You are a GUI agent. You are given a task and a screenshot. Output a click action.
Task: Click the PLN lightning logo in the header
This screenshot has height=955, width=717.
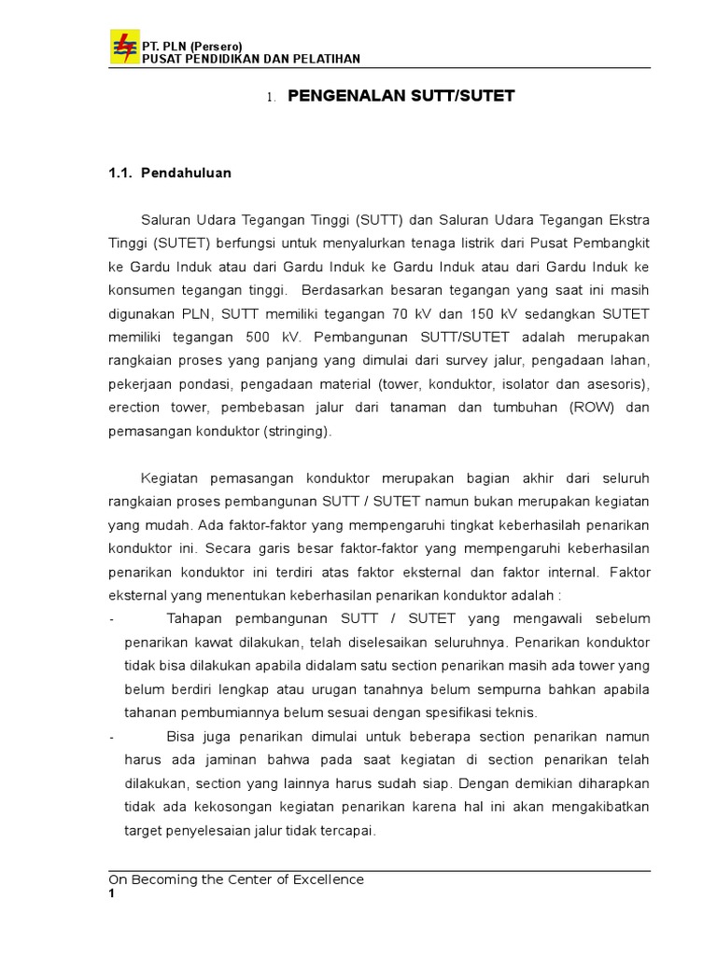pyautogui.click(x=123, y=47)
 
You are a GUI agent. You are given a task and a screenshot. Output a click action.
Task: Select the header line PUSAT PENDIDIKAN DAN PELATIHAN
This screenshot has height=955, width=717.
pyautogui.click(x=249, y=59)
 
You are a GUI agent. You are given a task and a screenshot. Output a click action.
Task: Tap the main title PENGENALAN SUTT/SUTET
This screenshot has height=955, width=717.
pyautogui.click(x=401, y=96)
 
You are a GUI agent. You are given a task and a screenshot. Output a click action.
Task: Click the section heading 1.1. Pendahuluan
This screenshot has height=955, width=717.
pyautogui.click(x=170, y=173)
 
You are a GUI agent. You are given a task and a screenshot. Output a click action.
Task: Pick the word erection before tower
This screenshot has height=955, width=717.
pyautogui.click(x=135, y=408)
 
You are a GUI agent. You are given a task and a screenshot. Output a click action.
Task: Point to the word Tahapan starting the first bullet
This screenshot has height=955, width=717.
pyautogui.click(x=195, y=618)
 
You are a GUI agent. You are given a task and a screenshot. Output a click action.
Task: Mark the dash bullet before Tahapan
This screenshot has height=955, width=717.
pyautogui.click(x=112, y=618)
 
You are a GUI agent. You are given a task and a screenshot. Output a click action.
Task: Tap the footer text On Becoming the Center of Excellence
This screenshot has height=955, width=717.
pyautogui.click(x=236, y=879)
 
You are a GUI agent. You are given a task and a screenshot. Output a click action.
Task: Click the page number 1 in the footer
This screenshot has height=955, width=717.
pyautogui.click(x=111, y=894)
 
